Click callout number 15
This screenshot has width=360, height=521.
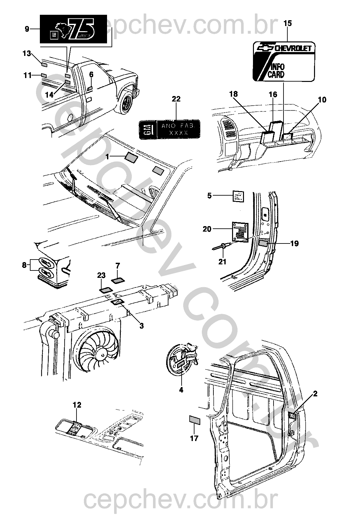click(287, 23)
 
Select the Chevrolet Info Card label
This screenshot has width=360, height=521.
click(283, 61)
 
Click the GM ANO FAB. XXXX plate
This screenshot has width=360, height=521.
click(169, 129)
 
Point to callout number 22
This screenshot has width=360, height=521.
click(176, 99)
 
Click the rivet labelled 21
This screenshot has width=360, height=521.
click(221, 247)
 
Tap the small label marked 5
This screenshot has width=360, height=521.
click(238, 196)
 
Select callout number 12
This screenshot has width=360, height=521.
click(77, 405)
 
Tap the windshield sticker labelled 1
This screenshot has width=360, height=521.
click(131, 157)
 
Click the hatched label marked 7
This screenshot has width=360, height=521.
click(118, 280)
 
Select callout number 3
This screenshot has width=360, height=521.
click(141, 326)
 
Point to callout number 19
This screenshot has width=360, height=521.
click(294, 243)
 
